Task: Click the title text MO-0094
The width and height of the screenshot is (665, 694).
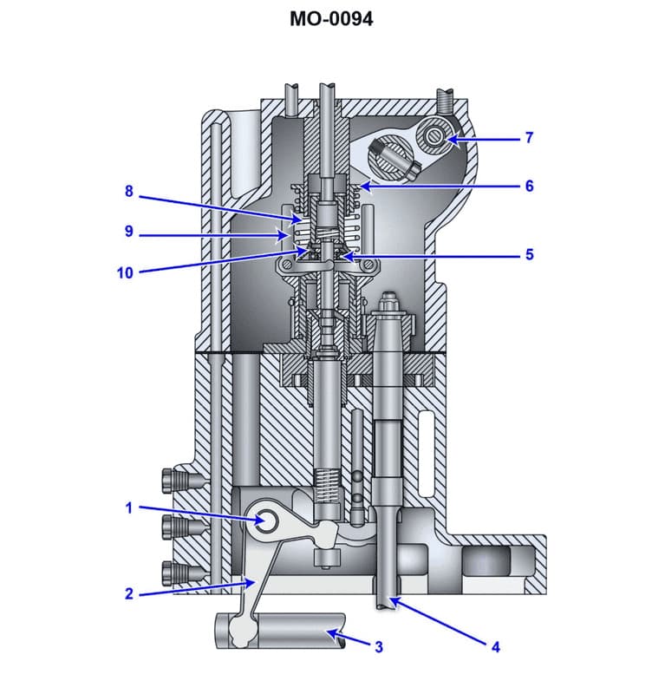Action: [x=332, y=18]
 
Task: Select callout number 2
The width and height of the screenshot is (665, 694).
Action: [x=129, y=594]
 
